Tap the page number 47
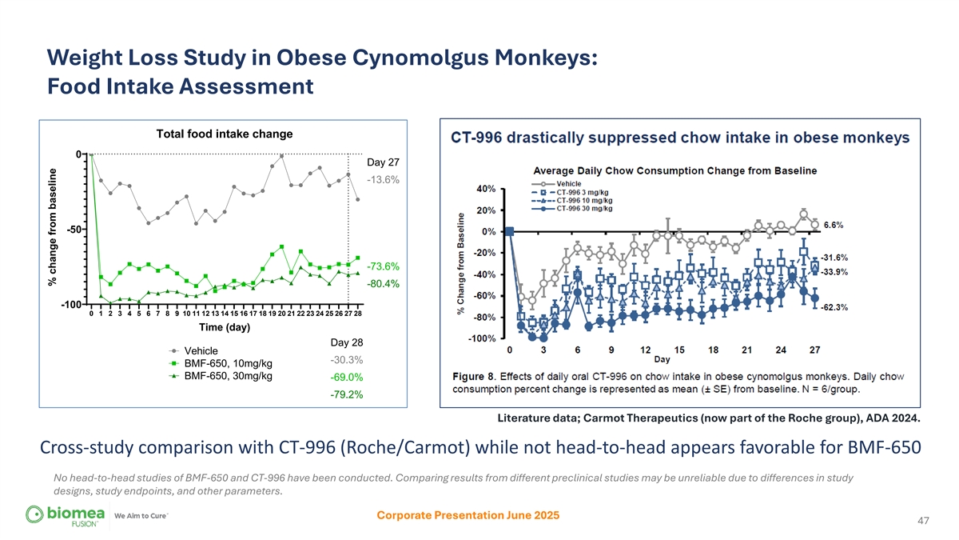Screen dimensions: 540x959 coord(923,521)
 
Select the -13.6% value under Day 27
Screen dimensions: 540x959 coord(383,180)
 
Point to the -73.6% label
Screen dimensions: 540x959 coord(383,266)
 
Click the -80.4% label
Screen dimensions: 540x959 coord(383,283)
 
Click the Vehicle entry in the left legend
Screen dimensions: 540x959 coord(201,350)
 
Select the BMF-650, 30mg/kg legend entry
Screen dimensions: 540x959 coord(228,376)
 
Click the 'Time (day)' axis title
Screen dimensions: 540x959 coord(225,327)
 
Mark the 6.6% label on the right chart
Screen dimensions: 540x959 coord(834,225)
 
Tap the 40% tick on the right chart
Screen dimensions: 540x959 coord(485,188)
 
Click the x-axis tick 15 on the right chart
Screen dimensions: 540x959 coord(679,350)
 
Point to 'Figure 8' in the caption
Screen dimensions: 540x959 coord(476,375)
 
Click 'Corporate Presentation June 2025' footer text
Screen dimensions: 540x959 coord(468,515)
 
